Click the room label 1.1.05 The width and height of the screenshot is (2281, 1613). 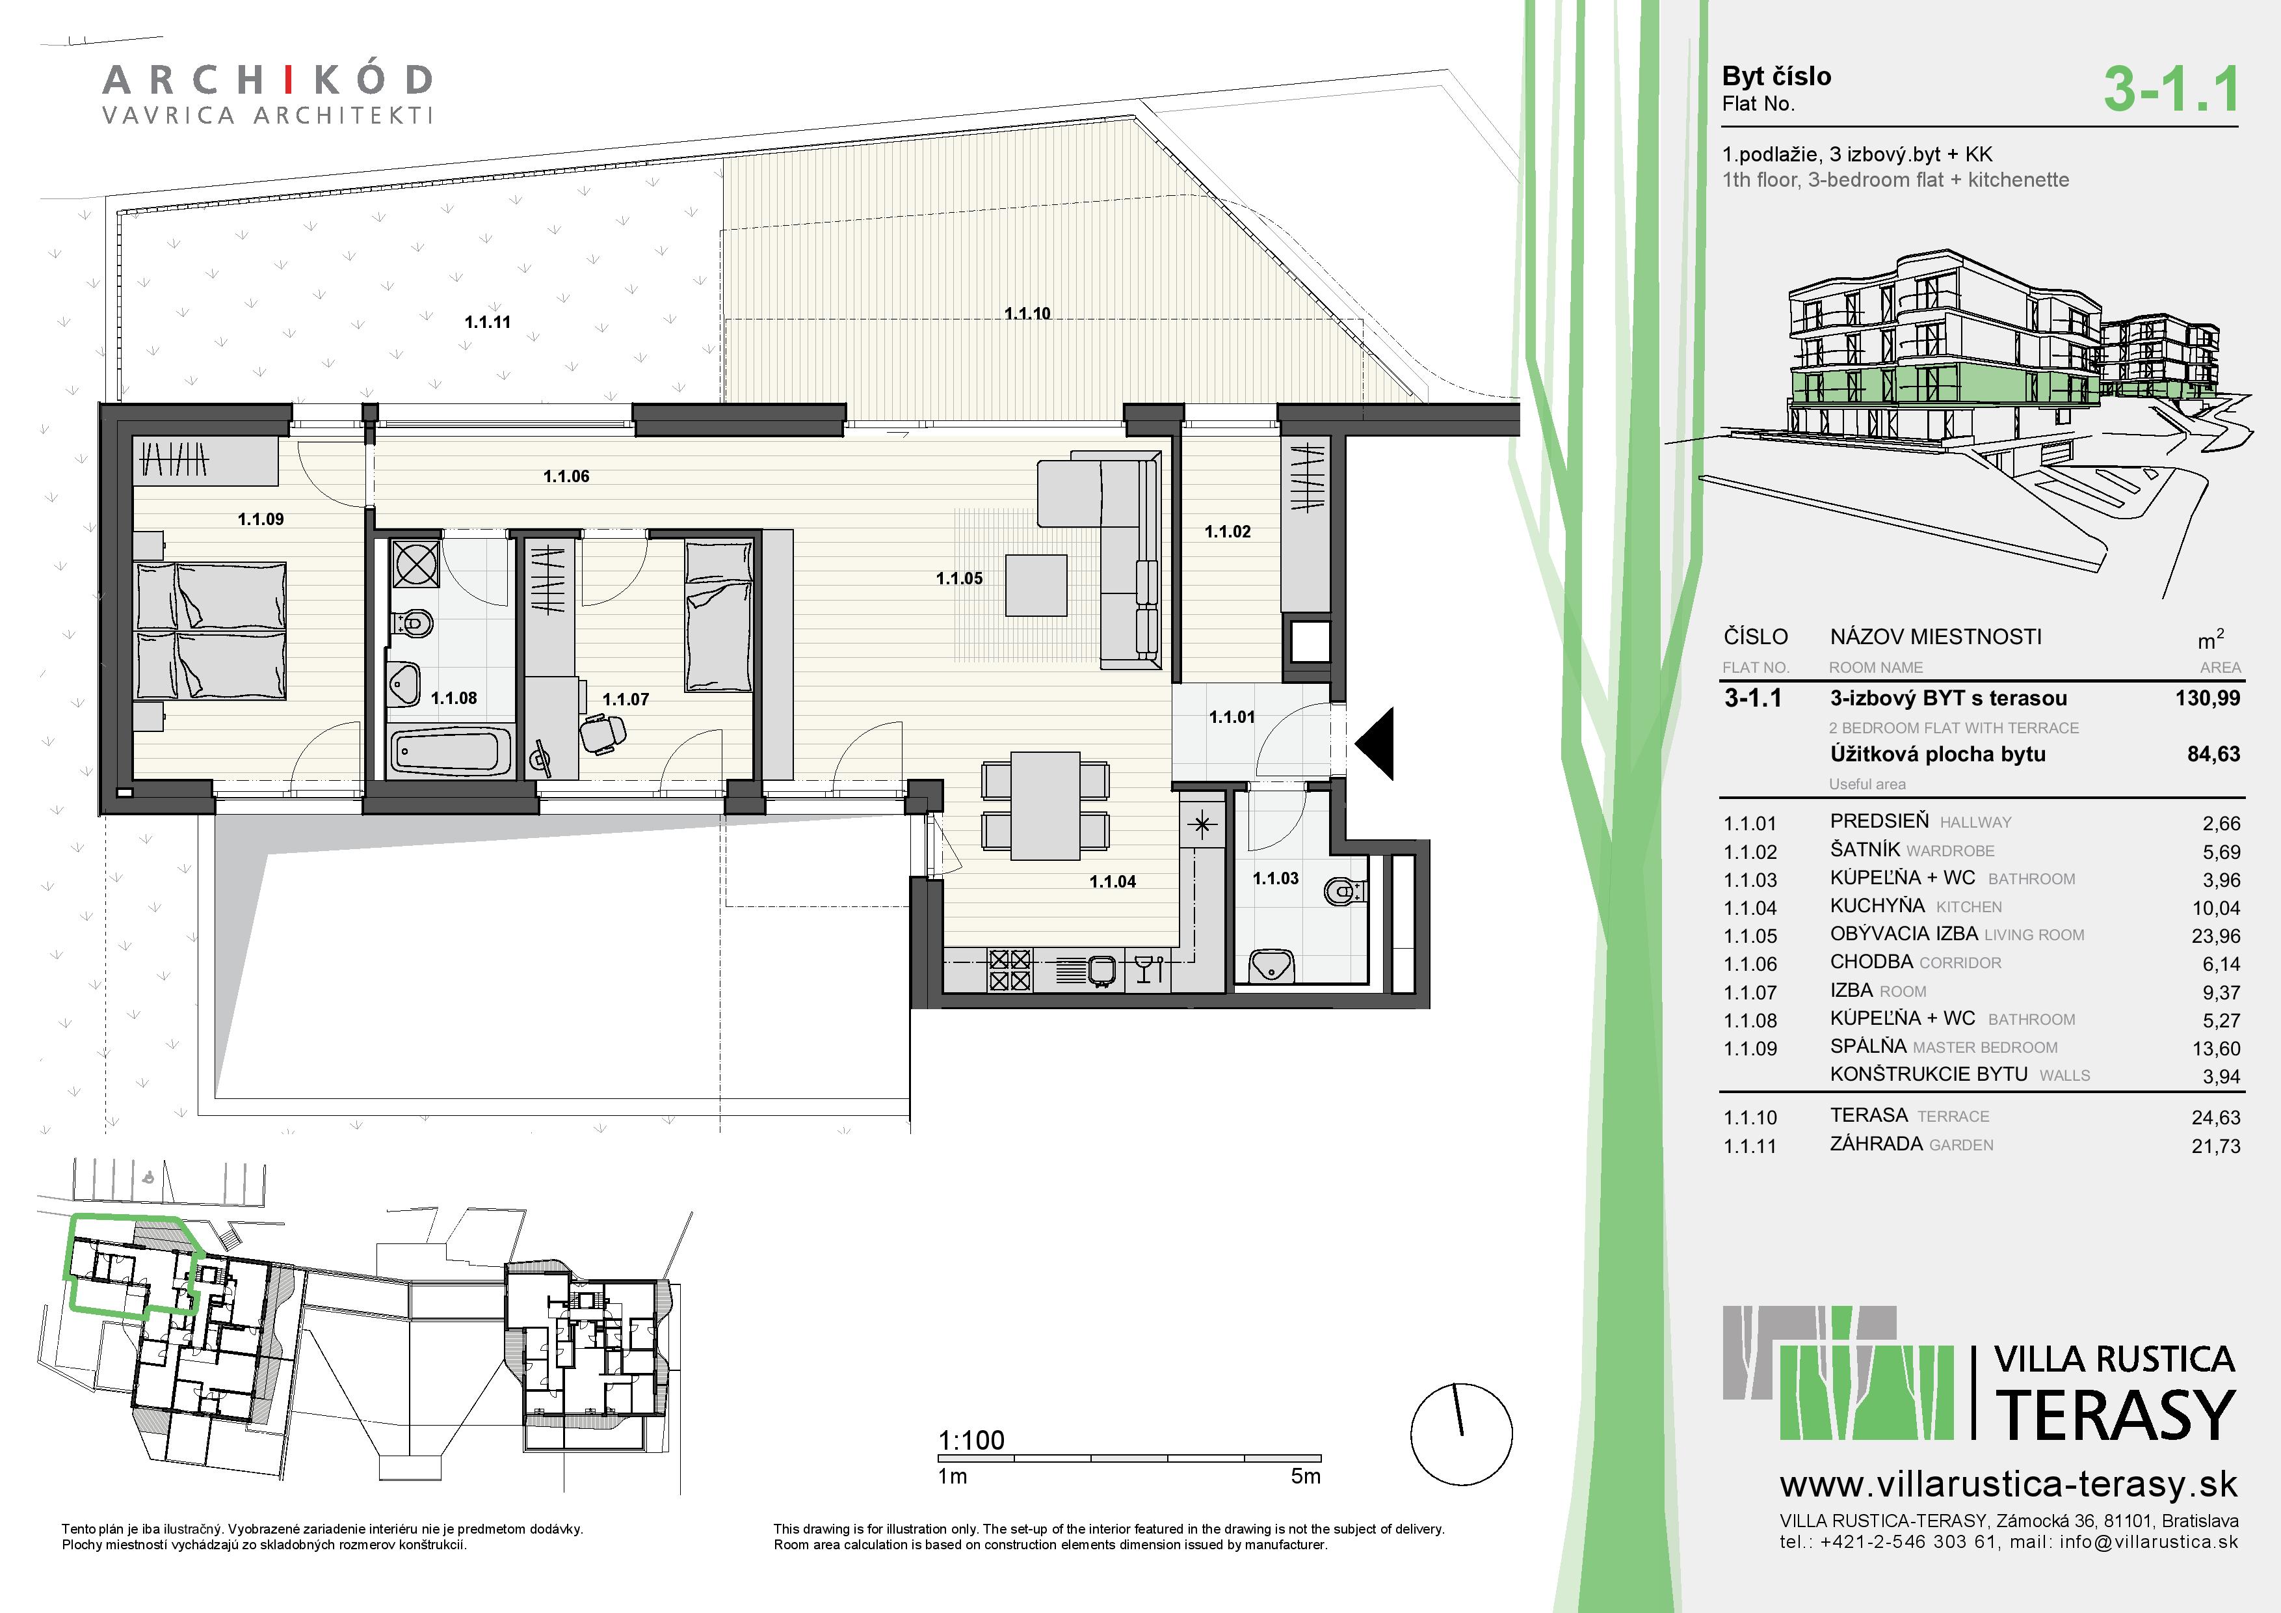coord(958,578)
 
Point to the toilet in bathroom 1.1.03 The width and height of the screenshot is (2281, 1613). coord(1345,891)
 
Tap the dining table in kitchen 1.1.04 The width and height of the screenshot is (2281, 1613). coord(1046,805)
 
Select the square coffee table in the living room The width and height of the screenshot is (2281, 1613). coord(1036,586)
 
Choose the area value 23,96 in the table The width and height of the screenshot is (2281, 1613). coord(2215,936)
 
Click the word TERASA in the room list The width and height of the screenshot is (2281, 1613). coord(1869,1115)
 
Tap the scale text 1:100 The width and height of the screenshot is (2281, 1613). coord(971,1440)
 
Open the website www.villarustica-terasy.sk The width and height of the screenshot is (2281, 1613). coord(2009,1485)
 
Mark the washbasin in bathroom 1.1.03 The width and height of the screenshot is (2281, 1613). coord(1271,964)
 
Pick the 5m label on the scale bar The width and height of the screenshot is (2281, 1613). coord(1306,1477)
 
